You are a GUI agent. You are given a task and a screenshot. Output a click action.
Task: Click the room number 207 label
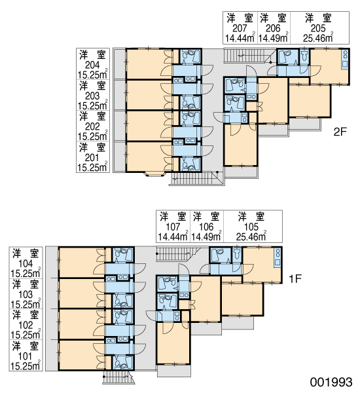click(240, 28)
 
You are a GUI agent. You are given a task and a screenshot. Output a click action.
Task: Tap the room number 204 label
click(92, 65)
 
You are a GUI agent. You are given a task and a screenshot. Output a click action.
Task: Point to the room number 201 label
click(92, 158)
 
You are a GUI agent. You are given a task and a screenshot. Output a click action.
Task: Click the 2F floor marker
click(340, 132)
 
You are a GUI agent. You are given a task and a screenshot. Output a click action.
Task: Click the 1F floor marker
click(295, 278)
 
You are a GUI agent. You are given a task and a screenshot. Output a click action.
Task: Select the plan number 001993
click(331, 383)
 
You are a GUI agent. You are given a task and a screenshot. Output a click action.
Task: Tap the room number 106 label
click(206, 227)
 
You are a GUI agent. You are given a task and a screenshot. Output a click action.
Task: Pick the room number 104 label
click(26, 264)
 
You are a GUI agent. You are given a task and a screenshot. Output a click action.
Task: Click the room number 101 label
click(26, 356)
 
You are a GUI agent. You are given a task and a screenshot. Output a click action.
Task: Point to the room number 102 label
click(26, 326)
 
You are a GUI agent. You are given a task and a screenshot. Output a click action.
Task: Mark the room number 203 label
click(92, 96)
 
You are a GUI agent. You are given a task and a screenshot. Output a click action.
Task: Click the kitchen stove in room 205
click(345, 60)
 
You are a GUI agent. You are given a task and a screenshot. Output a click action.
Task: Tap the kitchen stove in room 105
click(278, 257)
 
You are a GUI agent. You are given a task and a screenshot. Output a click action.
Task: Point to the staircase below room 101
click(118, 377)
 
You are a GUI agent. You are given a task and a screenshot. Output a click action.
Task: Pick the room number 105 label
click(251, 227)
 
